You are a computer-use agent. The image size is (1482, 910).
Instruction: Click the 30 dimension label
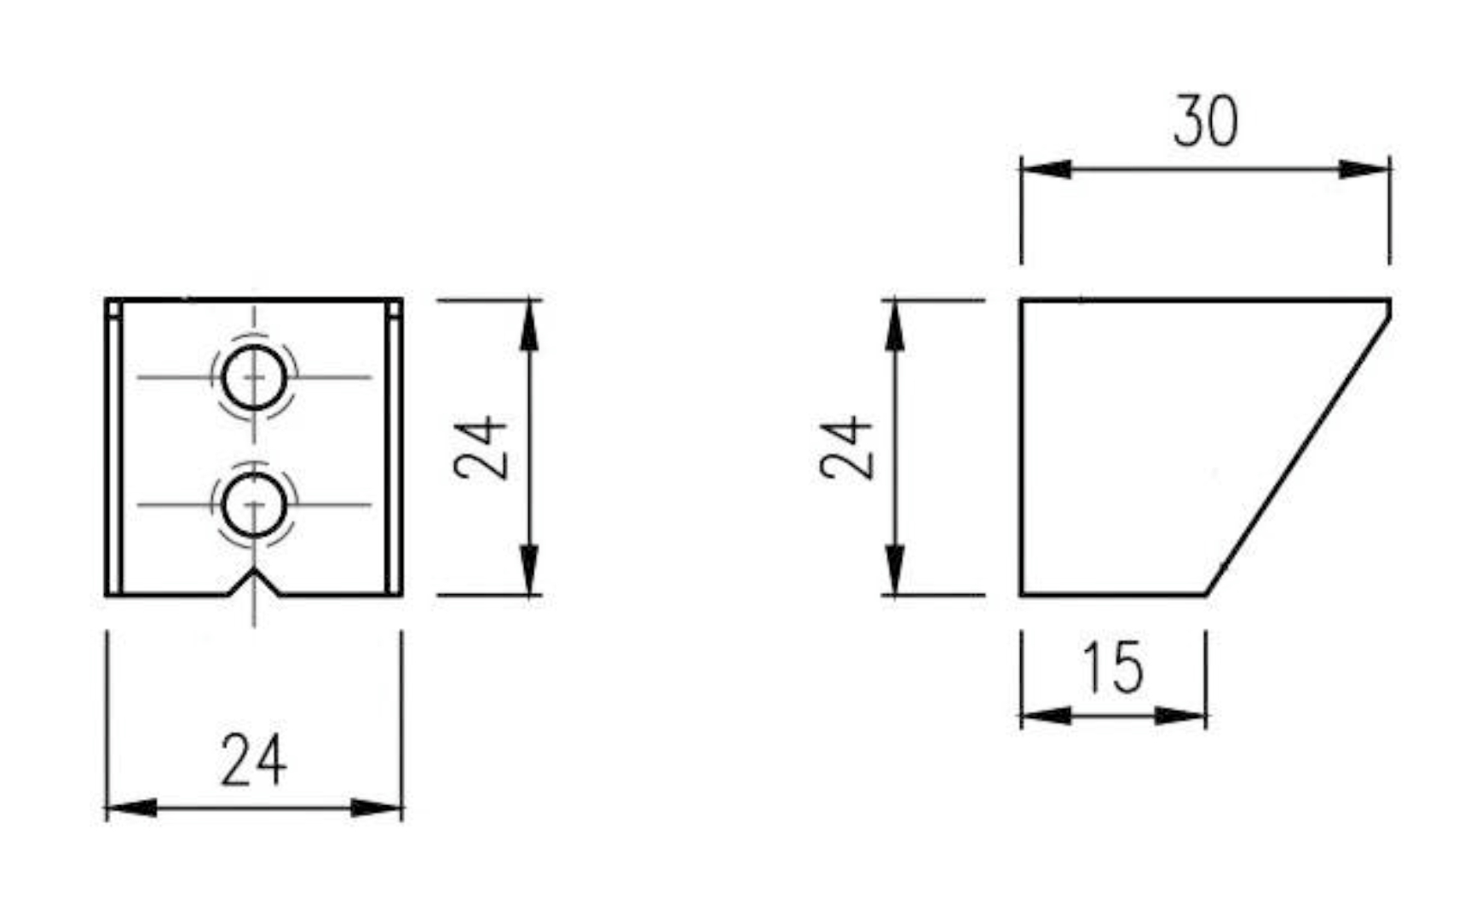[1205, 121]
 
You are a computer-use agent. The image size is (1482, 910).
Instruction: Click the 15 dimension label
[1113, 667]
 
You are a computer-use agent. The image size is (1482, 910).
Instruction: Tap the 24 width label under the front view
[253, 759]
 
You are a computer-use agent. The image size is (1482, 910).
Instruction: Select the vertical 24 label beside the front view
[482, 447]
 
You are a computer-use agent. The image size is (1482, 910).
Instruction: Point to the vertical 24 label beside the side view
[847, 447]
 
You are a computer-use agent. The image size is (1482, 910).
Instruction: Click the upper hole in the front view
[253, 377]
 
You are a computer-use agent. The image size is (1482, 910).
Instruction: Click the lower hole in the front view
[253, 505]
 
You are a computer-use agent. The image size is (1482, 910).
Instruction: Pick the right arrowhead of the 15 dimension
[1181, 716]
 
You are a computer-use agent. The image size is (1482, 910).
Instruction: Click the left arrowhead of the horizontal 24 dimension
[131, 807]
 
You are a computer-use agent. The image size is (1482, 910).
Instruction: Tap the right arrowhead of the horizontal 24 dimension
[377, 807]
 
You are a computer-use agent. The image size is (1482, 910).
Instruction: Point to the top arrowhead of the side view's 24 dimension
[894, 325]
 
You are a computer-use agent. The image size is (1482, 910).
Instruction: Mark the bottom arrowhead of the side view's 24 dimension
[894, 569]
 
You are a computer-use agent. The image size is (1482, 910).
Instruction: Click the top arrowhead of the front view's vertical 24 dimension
[529, 325]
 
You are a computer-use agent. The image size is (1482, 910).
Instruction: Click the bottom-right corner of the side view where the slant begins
[1206, 595]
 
